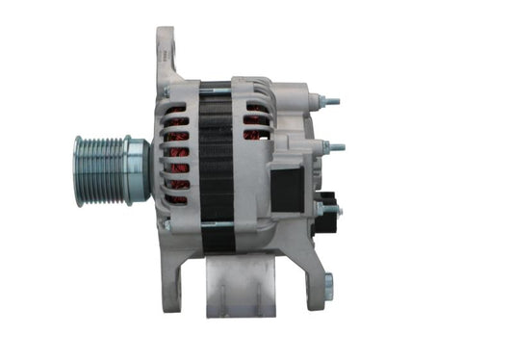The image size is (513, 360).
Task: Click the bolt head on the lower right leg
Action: [x=327, y=286]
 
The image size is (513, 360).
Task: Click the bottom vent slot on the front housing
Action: [x=175, y=198]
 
